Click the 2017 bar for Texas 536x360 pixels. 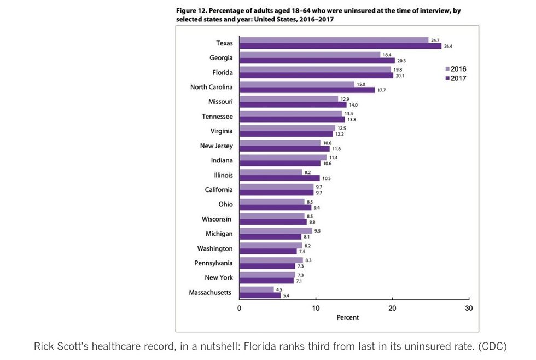(x=340, y=46)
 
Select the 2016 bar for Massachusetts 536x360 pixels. (x=257, y=289)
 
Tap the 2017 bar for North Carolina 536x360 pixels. (x=307, y=90)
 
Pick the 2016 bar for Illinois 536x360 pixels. (x=271, y=172)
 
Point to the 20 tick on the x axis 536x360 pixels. (x=392, y=308)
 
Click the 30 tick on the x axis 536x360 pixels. (x=469, y=308)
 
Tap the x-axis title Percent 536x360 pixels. (x=348, y=317)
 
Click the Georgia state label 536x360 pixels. (x=221, y=57)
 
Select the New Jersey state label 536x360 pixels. (x=216, y=146)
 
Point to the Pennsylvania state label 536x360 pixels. (x=213, y=263)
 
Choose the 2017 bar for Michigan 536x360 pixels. (x=270, y=237)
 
